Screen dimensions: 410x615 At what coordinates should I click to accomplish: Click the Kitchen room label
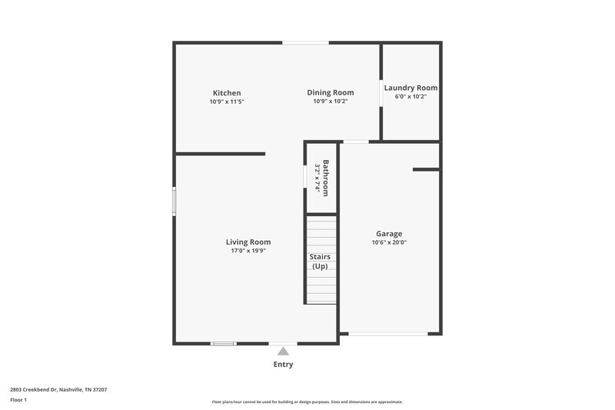(x=227, y=93)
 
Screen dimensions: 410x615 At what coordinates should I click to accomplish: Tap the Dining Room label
(x=331, y=92)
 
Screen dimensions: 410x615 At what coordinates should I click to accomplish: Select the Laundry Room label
(x=411, y=88)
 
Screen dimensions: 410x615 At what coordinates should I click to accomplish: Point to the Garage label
(x=388, y=234)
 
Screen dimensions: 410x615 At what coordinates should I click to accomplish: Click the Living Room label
(x=248, y=242)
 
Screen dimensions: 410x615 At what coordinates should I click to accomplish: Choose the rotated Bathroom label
(x=326, y=178)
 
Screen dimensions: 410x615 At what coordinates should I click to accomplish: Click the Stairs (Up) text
(x=320, y=261)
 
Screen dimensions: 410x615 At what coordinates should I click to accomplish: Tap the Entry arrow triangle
(x=283, y=352)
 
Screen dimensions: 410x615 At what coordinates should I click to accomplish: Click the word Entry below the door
(x=283, y=365)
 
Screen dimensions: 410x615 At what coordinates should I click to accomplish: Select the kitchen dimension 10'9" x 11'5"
(x=227, y=102)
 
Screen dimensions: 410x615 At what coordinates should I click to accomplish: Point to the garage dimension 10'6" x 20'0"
(x=388, y=242)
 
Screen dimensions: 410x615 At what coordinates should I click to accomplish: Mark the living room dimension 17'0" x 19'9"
(x=248, y=251)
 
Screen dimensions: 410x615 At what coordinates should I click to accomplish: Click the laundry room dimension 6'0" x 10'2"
(x=411, y=97)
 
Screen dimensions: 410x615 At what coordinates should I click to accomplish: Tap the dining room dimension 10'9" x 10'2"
(x=331, y=101)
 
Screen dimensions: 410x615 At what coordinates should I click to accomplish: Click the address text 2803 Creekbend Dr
(x=58, y=390)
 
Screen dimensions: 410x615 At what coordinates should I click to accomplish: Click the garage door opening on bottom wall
(x=388, y=333)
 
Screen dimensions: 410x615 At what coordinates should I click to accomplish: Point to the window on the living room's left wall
(x=174, y=202)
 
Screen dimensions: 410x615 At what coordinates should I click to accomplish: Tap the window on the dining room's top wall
(x=301, y=42)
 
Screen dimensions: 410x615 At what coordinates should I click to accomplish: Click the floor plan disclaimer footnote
(x=307, y=402)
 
